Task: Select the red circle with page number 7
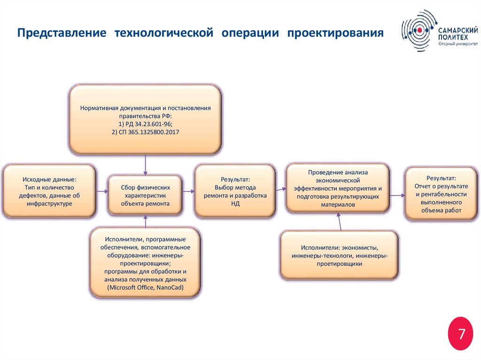pyautogui.click(x=461, y=334)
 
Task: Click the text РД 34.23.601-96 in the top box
pyautogui.click(x=145, y=124)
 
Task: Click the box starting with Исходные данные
pyautogui.click(x=49, y=191)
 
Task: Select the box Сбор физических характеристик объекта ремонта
pyautogui.click(x=145, y=195)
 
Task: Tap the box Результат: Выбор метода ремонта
pyautogui.click(x=235, y=191)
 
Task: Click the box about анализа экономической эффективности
pyautogui.click(x=338, y=188)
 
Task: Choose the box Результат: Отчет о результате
pyautogui.click(x=441, y=194)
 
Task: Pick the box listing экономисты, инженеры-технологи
pyautogui.click(x=339, y=255)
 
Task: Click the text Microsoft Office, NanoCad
pyautogui.click(x=145, y=287)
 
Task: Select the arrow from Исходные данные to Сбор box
pyautogui.click(x=102, y=191)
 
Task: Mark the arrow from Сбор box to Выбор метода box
pyautogui.click(x=188, y=191)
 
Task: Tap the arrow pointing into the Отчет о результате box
pyautogui.click(x=397, y=194)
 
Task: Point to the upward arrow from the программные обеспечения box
pyautogui.click(x=146, y=222)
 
